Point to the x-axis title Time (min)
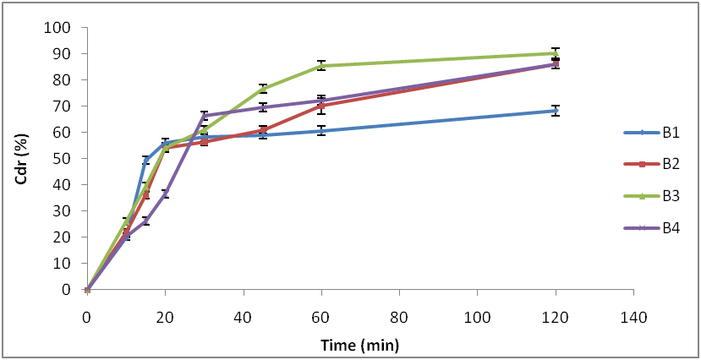[359, 345]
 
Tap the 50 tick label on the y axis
[63, 158]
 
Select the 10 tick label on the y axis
[63, 263]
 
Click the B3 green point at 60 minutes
[321, 65]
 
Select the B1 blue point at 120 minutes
[556, 111]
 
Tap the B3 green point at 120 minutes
[556, 52]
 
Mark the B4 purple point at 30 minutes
[204, 116]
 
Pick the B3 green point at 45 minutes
[263, 88]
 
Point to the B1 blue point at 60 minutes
[321, 131]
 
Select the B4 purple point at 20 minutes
[165, 194]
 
